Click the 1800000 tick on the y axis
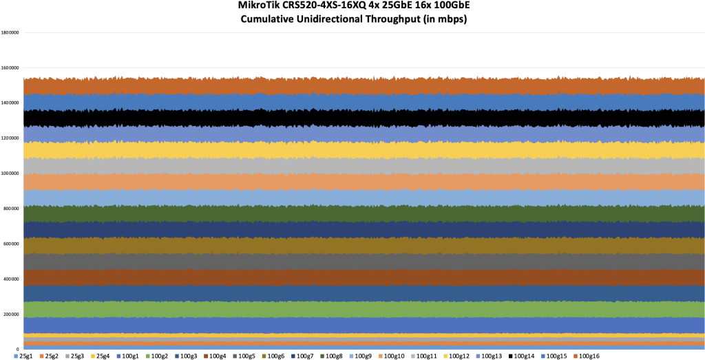(10, 32)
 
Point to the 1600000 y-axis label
(10, 68)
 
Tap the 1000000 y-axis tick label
(10, 173)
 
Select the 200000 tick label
(11, 314)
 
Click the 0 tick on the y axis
(17, 349)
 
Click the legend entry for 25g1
(22, 356)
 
